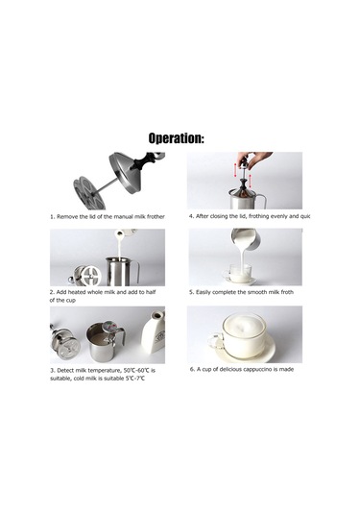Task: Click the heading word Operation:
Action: click(177, 138)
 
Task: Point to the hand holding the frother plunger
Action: click(254, 159)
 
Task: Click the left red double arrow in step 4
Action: click(235, 170)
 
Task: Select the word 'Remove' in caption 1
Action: click(67, 217)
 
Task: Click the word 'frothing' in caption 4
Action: click(259, 216)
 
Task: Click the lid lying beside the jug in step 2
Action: click(84, 276)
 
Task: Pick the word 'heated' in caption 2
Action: click(77, 292)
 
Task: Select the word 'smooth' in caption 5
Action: click(255, 292)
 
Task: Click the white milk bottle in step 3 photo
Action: click(154, 331)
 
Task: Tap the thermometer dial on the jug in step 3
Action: click(109, 327)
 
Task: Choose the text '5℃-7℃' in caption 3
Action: click(135, 379)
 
